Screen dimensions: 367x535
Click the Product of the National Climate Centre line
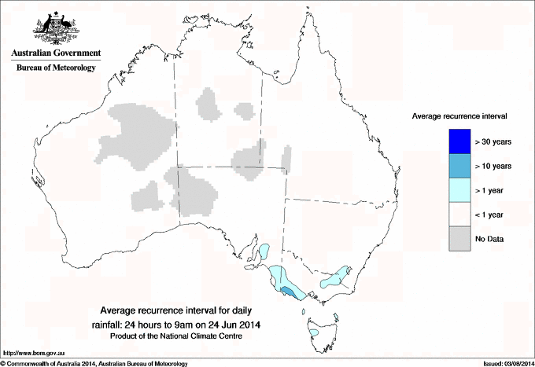click(x=182, y=336)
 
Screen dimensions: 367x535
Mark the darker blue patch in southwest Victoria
click(x=289, y=292)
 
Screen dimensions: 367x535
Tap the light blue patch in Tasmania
click(x=315, y=333)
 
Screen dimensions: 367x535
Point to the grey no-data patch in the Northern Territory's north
click(x=209, y=104)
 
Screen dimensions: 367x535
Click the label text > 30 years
click(x=494, y=141)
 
